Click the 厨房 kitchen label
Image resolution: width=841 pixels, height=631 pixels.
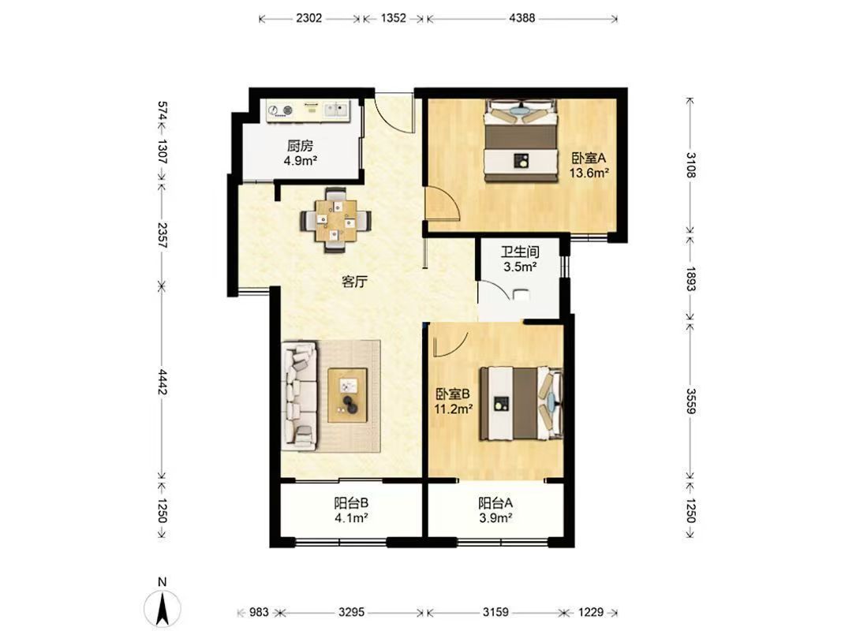coord(300,146)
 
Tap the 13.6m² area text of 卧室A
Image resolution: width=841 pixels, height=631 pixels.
coord(589,173)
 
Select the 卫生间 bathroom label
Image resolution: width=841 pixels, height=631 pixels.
coord(520,252)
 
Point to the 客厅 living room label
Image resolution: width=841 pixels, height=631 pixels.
coord(354,282)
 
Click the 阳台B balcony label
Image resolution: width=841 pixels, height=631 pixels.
coord(351,503)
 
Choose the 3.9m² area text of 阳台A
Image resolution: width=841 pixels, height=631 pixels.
coord(495,518)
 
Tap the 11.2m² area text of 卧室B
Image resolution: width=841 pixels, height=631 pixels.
coord(453,409)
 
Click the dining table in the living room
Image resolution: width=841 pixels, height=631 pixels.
coord(336,220)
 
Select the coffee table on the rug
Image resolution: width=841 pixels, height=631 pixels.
coord(348,395)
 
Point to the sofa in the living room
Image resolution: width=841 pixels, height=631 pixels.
coord(300,395)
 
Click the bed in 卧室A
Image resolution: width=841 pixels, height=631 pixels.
coord(521,140)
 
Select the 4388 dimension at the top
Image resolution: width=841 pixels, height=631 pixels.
coord(521,17)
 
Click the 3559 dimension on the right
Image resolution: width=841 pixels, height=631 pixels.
coord(691,401)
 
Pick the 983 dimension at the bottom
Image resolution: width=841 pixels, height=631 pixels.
coord(259,612)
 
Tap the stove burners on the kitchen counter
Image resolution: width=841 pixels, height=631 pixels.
coord(282,110)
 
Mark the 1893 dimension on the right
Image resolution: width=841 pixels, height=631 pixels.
coord(691,278)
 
